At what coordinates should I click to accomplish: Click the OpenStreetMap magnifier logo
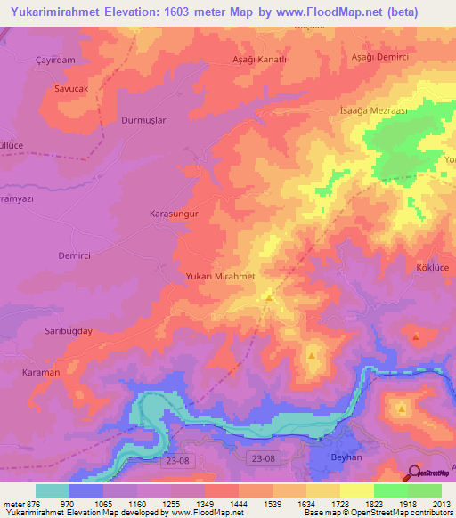(414, 471)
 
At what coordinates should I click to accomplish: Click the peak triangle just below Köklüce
(416, 336)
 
